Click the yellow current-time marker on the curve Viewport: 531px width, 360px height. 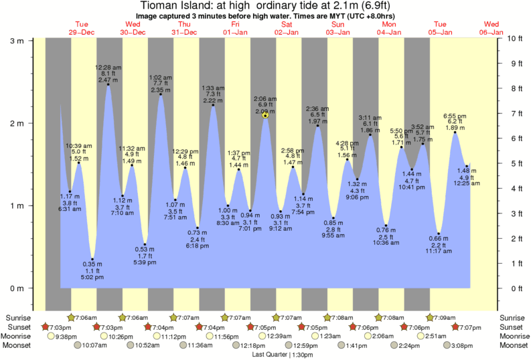tap(266, 115)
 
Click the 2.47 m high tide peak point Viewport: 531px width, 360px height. tap(108, 85)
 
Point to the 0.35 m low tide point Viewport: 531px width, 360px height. tap(92, 260)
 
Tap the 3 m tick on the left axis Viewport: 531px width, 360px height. tap(16, 41)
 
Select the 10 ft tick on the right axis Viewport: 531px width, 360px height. tap(514, 39)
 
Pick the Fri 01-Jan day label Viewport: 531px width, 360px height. tap(235, 27)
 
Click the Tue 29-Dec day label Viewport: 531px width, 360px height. tap(81, 27)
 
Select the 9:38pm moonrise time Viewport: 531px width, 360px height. tap(68, 337)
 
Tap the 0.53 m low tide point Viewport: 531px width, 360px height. tap(145, 245)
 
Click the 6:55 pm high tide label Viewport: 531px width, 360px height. tap(455, 116)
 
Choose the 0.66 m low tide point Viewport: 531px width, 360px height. tap(439, 234)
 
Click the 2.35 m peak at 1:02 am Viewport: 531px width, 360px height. tap(160, 94)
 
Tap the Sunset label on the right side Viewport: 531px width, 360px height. tap(512, 327)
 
